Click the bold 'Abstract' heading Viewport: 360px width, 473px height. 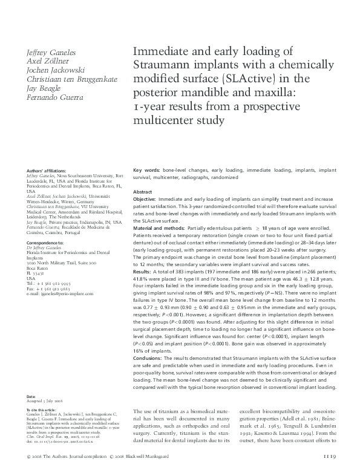142,191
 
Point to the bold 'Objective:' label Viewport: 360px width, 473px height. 145,199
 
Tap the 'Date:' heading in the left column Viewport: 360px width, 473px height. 31,397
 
